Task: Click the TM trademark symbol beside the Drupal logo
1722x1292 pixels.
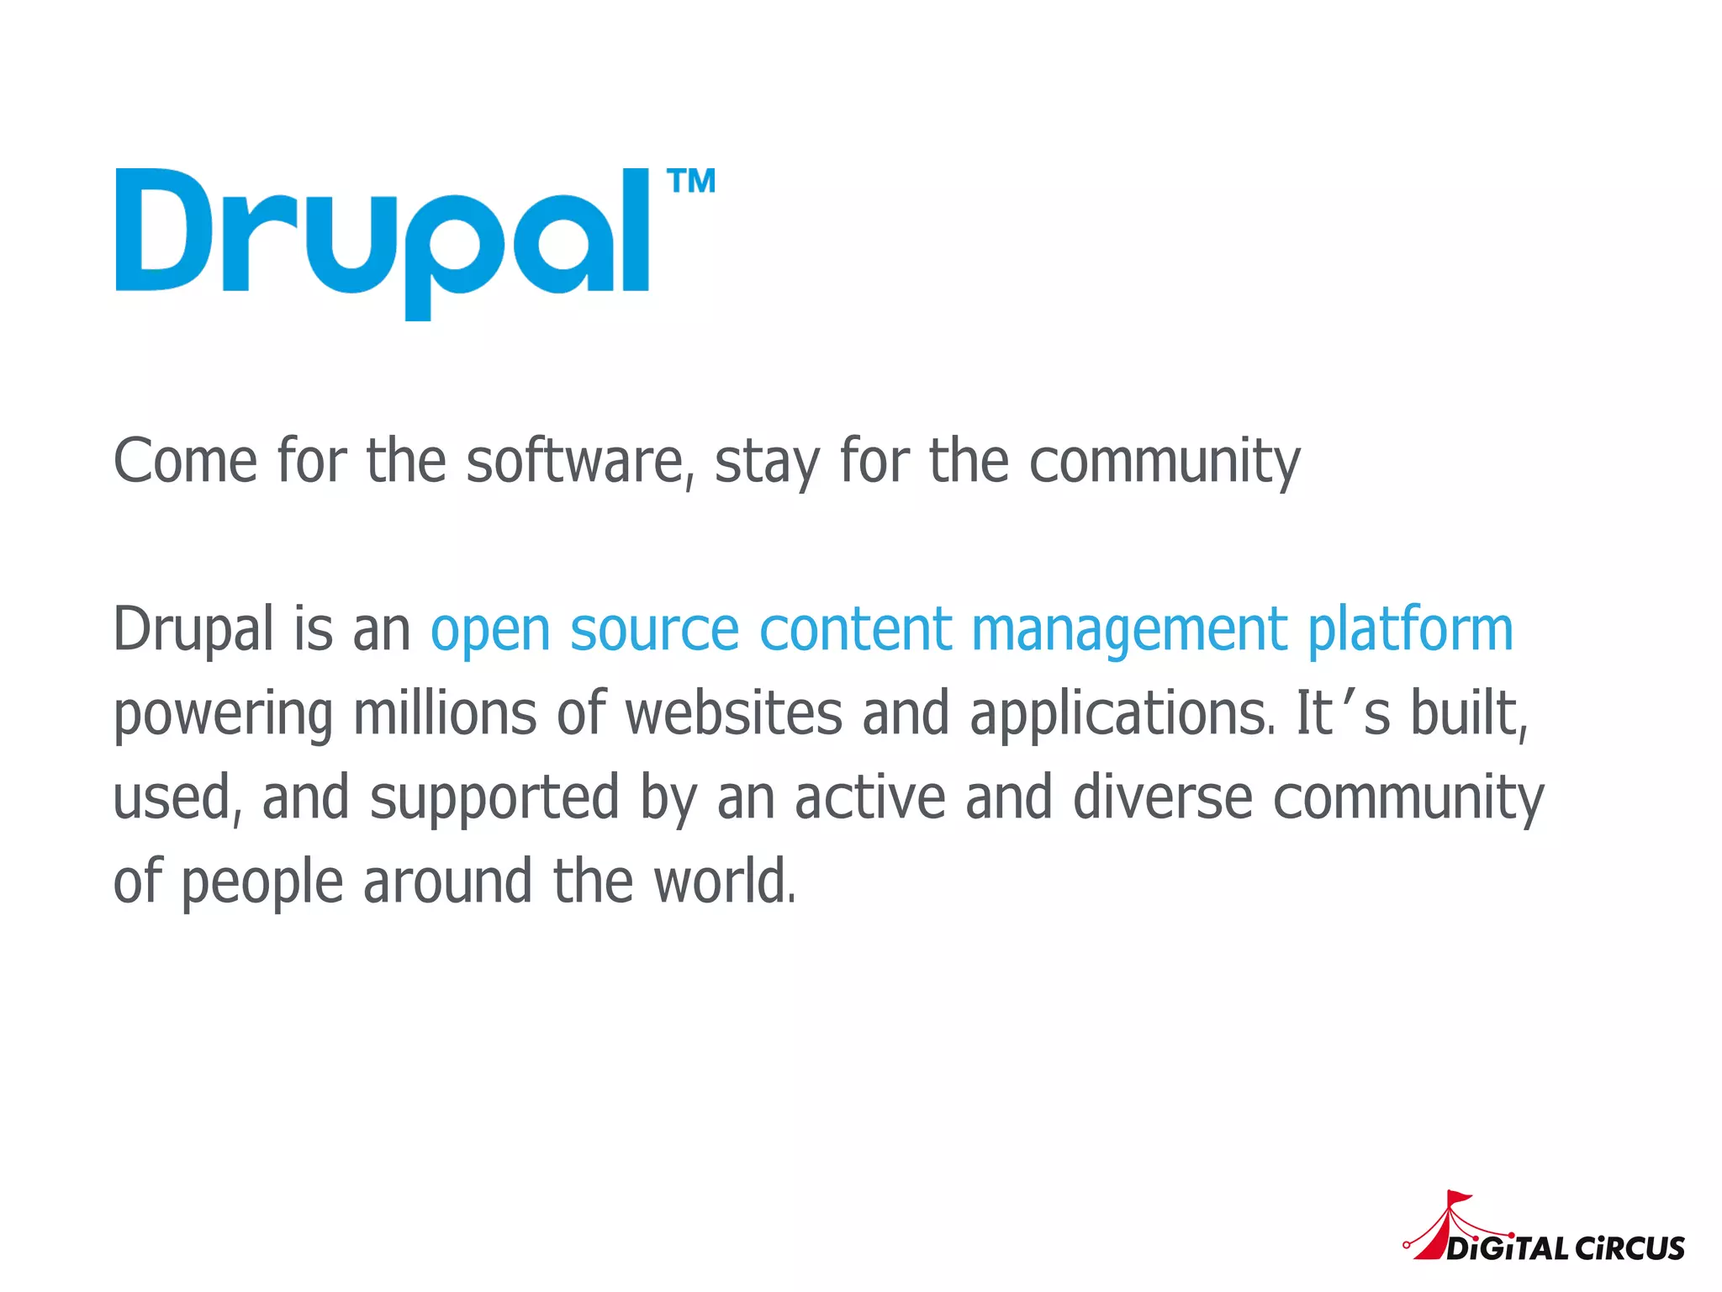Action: pyautogui.click(x=691, y=181)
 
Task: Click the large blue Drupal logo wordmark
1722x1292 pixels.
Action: pyautogui.click(x=383, y=240)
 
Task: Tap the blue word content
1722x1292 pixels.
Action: pyautogui.click(x=855, y=629)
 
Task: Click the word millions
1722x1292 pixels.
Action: pyautogui.click(x=444, y=713)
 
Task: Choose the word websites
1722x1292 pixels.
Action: pyautogui.click(x=733, y=713)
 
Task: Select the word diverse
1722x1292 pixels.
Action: pyautogui.click(x=1163, y=797)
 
